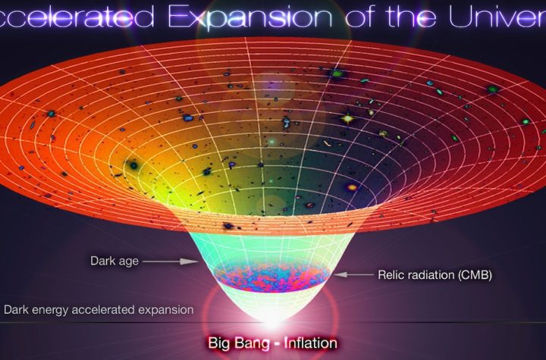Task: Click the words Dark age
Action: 115,261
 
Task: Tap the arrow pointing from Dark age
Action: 168,261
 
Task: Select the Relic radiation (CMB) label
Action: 435,275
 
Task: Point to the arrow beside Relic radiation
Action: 354,274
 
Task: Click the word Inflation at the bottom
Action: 310,343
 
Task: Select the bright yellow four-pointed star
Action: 347,119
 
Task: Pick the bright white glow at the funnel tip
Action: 273,322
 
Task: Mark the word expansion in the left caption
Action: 166,311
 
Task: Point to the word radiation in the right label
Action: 431,275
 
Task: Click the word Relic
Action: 391,275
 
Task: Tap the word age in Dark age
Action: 129,262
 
